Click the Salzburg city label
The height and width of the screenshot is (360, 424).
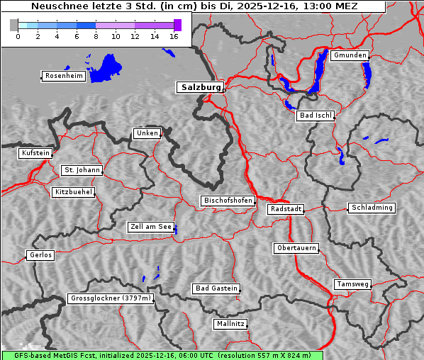coord(200,87)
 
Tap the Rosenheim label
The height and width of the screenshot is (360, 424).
coord(63,76)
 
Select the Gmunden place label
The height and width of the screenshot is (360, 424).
coord(350,55)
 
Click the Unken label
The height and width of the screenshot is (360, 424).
coord(147,133)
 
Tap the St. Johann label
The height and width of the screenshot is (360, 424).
coord(82,170)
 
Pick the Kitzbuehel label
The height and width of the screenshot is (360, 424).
coord(73,192)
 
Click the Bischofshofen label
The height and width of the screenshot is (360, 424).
coord(228,201)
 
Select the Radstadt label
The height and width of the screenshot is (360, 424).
coord(286,209)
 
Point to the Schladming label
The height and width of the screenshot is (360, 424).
coord(372,208)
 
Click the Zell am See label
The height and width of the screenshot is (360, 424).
coord(151,227)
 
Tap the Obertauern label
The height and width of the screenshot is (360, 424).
coord(296,248)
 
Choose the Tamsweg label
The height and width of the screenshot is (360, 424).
coord(352,284)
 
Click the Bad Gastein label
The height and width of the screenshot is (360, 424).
coord(216,288)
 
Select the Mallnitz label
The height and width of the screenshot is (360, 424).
coord(230,324)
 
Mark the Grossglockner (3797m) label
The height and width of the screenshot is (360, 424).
coord(111,298)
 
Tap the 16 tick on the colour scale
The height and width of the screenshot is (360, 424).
coord(174,36)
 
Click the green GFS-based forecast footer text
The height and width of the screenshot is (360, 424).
coord(162,355)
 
